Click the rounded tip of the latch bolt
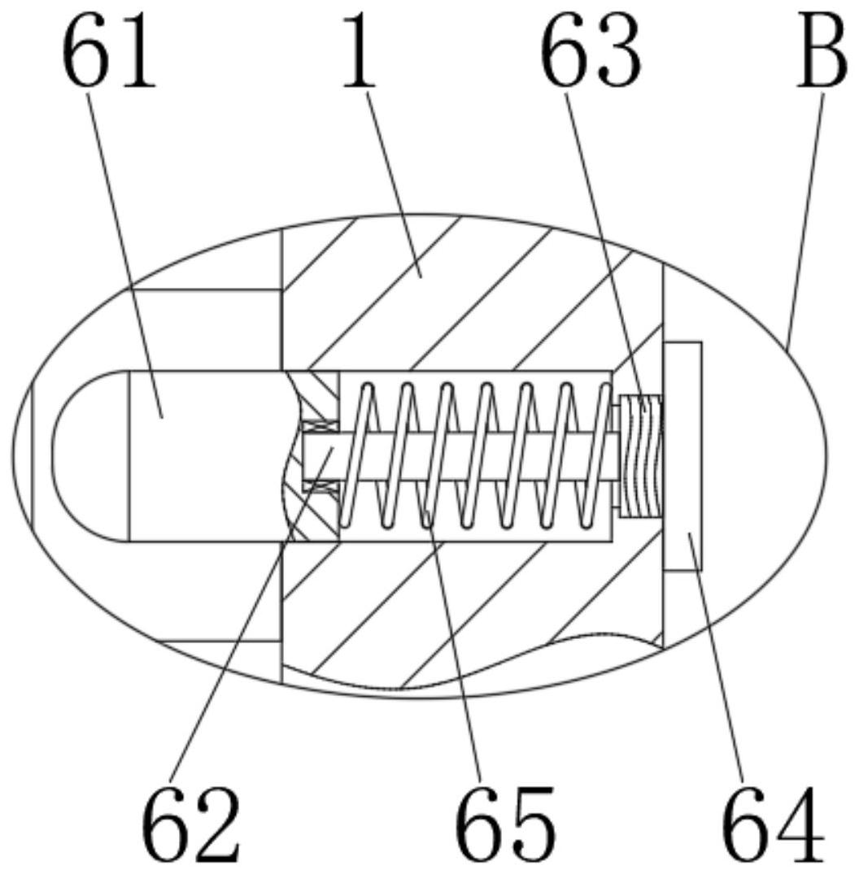click(77, 455)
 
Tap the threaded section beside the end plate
click(642, 456)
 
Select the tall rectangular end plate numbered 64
click(682, 455)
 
